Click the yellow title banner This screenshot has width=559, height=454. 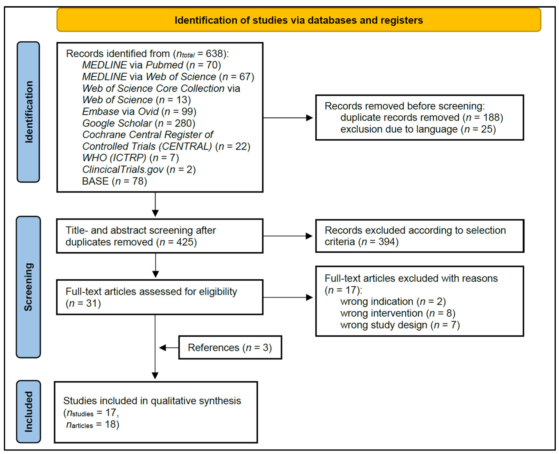299,20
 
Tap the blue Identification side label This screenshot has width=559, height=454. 28,112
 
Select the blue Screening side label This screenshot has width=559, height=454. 28,287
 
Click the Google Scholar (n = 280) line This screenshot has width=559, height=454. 139,123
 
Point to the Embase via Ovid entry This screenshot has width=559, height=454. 139,112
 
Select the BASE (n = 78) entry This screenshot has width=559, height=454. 115,181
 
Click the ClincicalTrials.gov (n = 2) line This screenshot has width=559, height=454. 139,170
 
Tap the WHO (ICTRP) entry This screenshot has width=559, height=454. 130,158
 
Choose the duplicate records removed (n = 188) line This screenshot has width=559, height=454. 422,117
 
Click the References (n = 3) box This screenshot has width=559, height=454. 230,348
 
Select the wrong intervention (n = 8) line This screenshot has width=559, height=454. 398,313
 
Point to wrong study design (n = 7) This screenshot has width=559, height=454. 400,325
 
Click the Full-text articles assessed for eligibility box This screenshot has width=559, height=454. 160,297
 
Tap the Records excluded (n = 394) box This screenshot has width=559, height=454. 419,236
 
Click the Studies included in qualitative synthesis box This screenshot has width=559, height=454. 156,412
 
